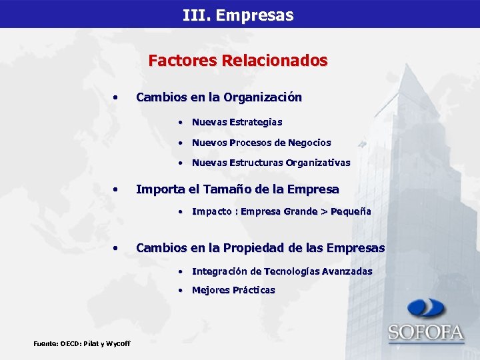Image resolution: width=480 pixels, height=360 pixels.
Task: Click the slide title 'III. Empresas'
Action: tap(238, 15)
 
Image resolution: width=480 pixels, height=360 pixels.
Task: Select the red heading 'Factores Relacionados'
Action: tap(238, 61)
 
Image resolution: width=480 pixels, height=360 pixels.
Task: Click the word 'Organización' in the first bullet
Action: tap(263, 97)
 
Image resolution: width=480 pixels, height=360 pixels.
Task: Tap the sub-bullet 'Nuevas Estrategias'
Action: tap(237, 122)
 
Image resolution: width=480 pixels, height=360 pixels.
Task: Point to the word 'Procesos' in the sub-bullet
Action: tap(246, 143)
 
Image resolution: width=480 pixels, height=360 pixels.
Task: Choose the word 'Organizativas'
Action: tap(318, 163)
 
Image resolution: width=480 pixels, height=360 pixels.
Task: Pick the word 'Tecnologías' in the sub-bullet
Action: tap(292, 271)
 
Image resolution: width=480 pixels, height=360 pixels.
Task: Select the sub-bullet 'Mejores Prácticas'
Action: tap(233, 290)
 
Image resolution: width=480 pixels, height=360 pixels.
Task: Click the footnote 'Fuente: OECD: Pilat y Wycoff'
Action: tap(81, 343)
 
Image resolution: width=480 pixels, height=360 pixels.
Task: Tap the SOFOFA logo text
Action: tap(426, 332)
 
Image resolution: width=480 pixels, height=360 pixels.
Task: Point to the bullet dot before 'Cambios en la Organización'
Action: tap(116, 97)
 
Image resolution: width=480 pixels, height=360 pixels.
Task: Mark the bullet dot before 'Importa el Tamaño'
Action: tap(116, 189)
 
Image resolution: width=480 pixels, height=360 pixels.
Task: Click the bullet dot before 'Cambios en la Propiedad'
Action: tap(116, 248)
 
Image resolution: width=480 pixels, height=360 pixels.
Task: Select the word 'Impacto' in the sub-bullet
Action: tap(212, 211)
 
